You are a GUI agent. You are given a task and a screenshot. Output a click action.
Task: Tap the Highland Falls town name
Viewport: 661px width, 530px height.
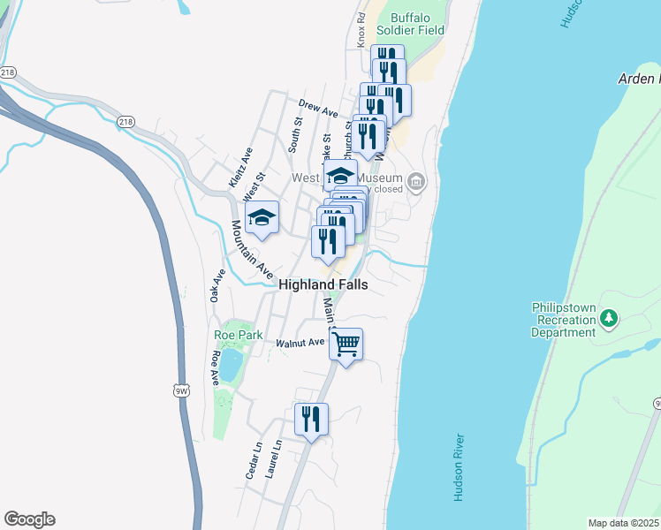click(323, 285)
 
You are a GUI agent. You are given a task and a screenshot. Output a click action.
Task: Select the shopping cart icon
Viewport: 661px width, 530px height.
click(346, 344)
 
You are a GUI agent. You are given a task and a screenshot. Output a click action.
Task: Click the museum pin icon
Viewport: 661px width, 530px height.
click(416, 183)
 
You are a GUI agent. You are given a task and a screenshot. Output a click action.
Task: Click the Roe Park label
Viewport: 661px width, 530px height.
click(234, 335)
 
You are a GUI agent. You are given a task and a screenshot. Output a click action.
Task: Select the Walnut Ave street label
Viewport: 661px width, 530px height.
click(300, 343)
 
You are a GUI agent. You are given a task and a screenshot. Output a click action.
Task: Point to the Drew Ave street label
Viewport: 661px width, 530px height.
click(318, 109)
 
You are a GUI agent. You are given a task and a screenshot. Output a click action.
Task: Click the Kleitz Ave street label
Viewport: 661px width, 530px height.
click(240, 167)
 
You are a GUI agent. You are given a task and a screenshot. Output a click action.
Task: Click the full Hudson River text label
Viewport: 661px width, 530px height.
click(459, 468)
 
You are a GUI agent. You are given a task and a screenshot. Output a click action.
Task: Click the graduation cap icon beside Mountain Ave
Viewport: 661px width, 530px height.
click(262, 218)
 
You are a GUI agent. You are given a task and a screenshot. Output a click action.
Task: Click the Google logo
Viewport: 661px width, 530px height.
click(29, 519)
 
